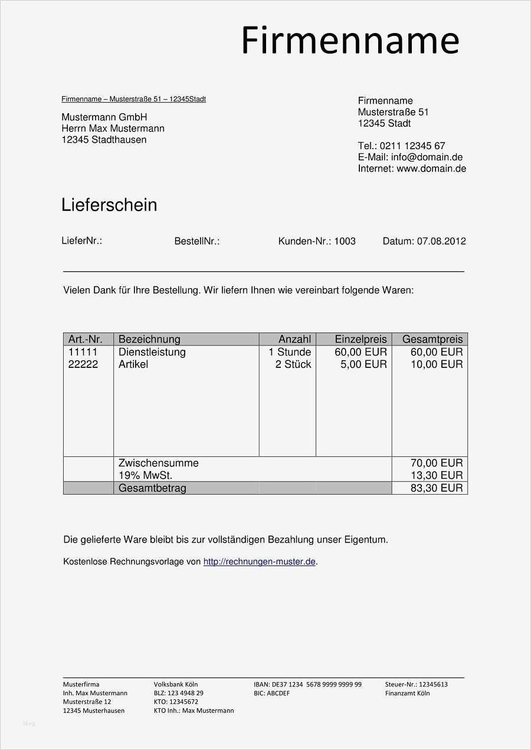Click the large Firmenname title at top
click(350, 41)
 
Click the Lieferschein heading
click(109, 205)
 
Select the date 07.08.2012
click(441, 241)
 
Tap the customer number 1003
click(345, 241)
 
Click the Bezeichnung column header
click(149, 339)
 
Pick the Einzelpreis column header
click(360, 339)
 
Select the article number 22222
click(83, 364)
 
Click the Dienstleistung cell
click(152, 352)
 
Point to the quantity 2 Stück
click(293, 364)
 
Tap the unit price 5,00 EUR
click(363, 364)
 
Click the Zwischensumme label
click(158, 463)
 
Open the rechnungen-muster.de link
click(259, 562)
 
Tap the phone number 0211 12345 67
click(412, 146)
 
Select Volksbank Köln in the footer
click(176, 685)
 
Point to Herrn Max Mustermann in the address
click(113, 129)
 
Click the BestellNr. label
click(196, 241)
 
